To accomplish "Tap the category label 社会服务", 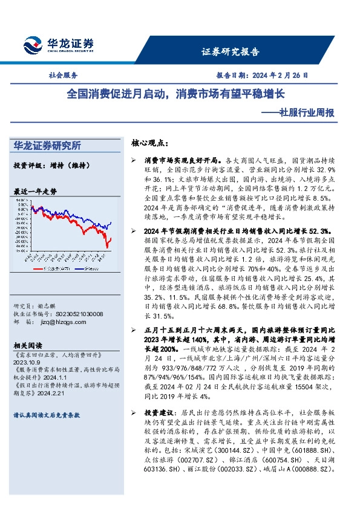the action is [63, 76].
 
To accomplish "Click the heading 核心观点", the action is [150, 143].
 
